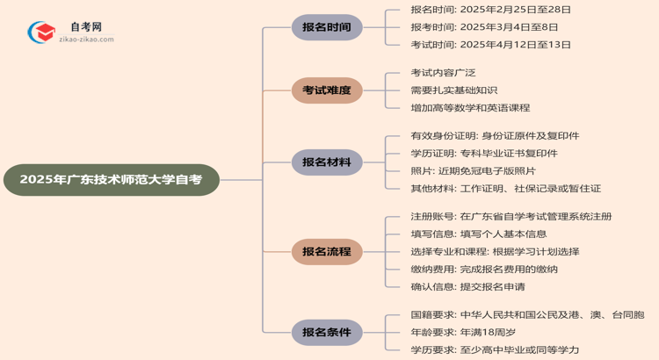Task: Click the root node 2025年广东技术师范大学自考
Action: [111, 179]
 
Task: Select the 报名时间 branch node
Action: [327, 27]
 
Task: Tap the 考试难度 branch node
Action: [327, 90]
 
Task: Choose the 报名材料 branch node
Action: [327, 162]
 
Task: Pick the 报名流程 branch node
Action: [327, 252]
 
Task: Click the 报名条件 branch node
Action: [327, 333]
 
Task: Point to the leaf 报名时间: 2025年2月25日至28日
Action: [490, 10]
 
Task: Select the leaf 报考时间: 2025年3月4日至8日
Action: [484, 27]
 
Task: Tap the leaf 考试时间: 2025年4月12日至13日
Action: [490, 45]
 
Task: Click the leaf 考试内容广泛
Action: [443, 73]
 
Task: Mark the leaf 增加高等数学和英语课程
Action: [470, 108]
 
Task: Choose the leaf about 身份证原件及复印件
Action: [495, 136]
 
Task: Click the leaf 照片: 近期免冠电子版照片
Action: [473, 171]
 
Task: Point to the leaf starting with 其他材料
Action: [505, 189]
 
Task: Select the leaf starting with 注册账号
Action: [511, 217]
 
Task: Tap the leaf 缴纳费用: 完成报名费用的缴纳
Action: [484, 270]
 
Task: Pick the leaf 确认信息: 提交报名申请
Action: [467, 287]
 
